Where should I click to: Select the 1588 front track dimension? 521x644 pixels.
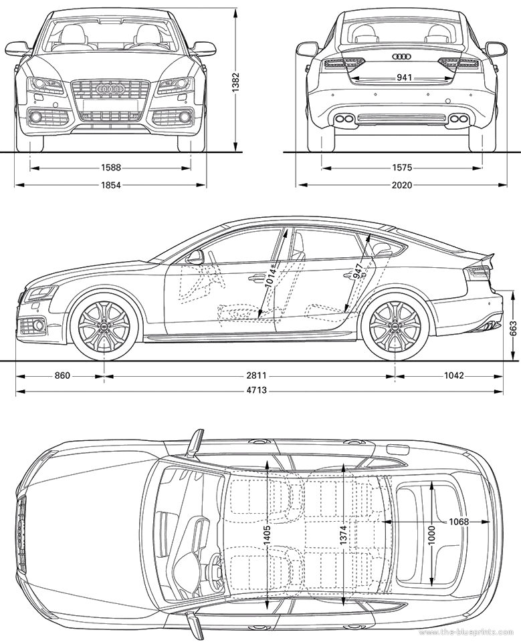(x=110, y=168)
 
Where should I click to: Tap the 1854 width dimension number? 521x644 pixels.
(x=110, y=185)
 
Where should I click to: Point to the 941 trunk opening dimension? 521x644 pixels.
(x=405, y=77)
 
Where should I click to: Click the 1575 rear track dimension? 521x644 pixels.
(x=402, y=168)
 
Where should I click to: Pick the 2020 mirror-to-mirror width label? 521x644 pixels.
(x=402, y=185)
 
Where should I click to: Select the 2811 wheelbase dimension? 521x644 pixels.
(x=257, y=375)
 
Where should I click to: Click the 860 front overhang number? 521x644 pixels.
(x=62, y=375)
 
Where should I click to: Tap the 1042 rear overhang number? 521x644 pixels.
(x=453, y=375)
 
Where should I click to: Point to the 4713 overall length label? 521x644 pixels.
(x=257, y=391)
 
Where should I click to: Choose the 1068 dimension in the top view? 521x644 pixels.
(x=459, y=522)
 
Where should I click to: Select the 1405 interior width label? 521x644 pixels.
(x=268, y=536)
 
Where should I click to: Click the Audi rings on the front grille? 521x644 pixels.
(x=110, y=89)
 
